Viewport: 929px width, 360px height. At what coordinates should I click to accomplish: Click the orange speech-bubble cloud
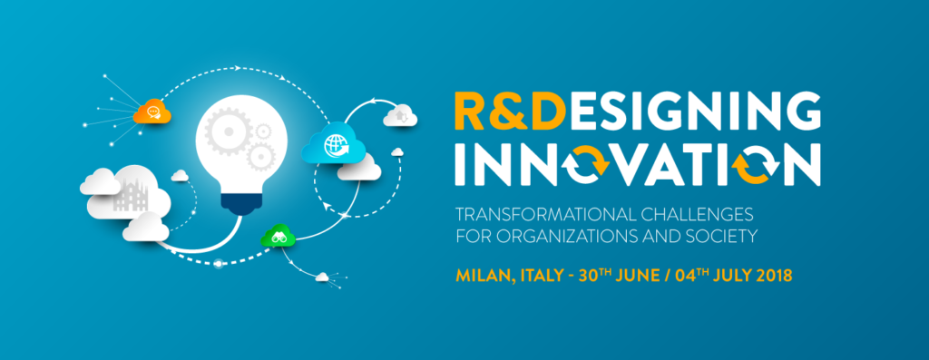pyautogui.click(x=152, y=112)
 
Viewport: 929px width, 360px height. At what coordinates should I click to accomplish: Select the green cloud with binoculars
pyautogui.click(x=278, y=237)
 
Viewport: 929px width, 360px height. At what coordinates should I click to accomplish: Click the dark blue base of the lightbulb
pyautogui.click(x=240, y=201)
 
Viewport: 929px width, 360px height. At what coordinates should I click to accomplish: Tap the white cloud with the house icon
pyautogui.click(x=400, y=116)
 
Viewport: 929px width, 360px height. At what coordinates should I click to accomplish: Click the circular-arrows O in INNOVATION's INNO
pyautogui.click(x=587, y=166)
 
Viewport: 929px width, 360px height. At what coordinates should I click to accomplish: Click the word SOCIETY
pyautogui.click(x=721, y=237)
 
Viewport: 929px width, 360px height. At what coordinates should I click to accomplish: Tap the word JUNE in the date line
pyautogui.click(x=637, y=276)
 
